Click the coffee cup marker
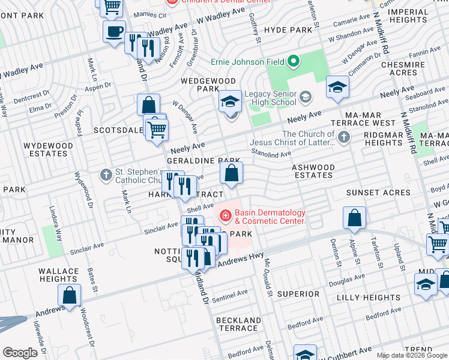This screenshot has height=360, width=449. pyautogui.click(x=113, y=32)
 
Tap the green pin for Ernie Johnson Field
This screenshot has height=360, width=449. pyautogui.click(x=293, y=61)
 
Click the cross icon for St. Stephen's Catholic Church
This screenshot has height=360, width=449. pyautogui.click(x=106, y=176)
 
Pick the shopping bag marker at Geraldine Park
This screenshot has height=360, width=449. pyautogui.click(x=231, y=174)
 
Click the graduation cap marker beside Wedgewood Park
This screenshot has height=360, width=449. pyautogui.click(x=230, y=101)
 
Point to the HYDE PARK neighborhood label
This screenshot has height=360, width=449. pyautogui.click(x=288, y=29)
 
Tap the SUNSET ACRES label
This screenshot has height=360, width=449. pyautogui.click(x=378, y=193)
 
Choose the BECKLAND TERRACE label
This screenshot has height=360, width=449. pyautogui.click(x=238, y=324)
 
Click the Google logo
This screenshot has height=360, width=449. pyautogui.click(x=20, y=353)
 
